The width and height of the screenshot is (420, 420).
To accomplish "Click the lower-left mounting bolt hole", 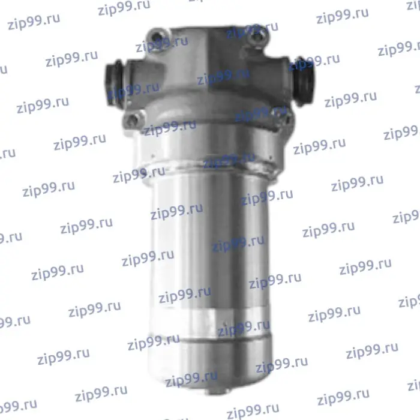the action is (133, 119).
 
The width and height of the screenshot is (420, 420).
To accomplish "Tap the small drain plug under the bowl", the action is (217, 391).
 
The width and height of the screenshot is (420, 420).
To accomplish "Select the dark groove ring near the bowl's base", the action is (212, 341).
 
